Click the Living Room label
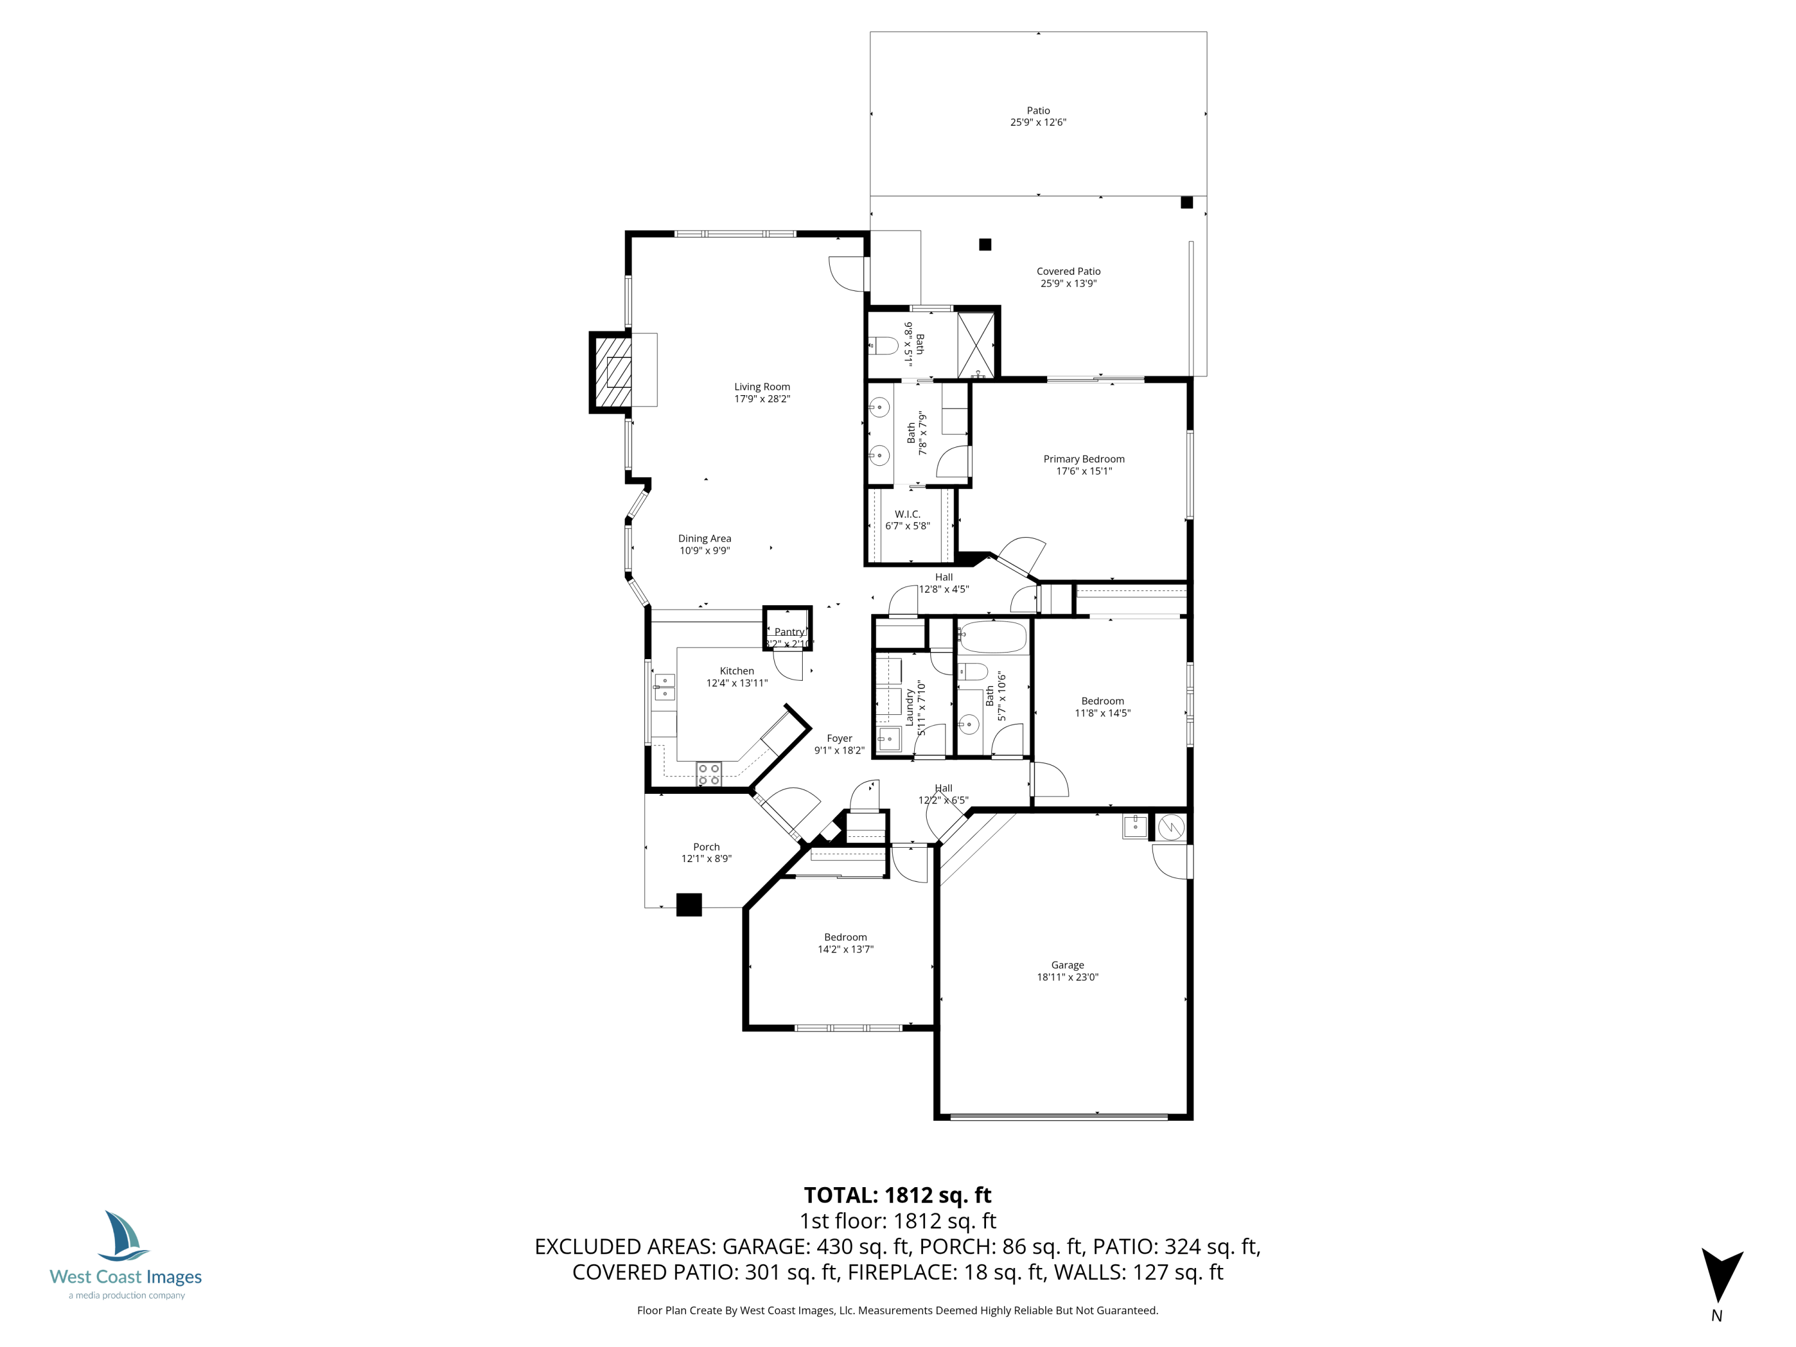tap(762, 387)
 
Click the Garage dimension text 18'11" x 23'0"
tap(1067, 978)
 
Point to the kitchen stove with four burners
tap(708, 773)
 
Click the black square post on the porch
tap(688, 905)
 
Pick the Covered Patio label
tap(1067, 271)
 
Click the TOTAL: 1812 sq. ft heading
tap(897, 1195)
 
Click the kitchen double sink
tap(664, 687)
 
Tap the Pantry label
tap(788, 632)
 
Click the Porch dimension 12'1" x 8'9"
tap(706, 858)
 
